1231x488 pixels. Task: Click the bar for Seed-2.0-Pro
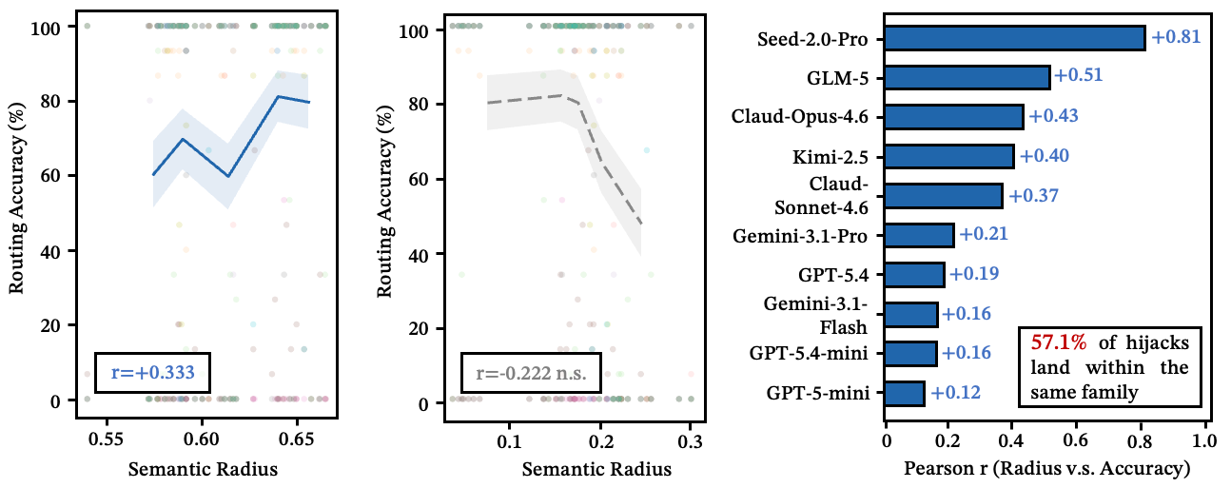click(1015, 38)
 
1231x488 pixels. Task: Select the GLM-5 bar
click(967, 77)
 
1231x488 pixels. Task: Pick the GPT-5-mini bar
click(905, 393)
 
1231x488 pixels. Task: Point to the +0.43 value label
click(1053, 117)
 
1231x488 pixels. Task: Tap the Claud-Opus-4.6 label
click(806, 117)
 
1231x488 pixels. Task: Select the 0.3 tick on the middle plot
click(691, 441)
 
